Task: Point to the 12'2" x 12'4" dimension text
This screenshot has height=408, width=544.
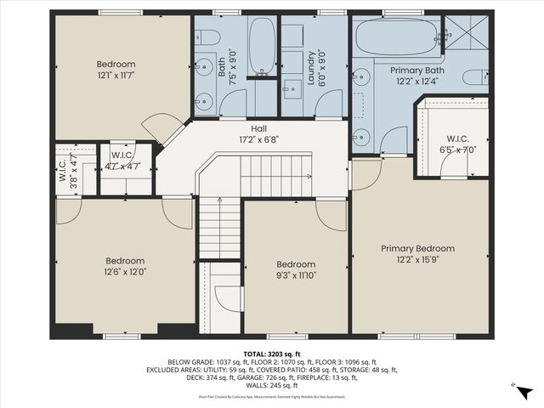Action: point(416,81)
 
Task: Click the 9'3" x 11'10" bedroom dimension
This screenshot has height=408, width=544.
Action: point(296,275)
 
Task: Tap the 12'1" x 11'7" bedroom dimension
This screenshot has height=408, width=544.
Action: point(115,76)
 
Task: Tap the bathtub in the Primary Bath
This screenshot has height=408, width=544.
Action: point(396,37)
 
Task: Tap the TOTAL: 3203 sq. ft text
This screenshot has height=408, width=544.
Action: point(271,352)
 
